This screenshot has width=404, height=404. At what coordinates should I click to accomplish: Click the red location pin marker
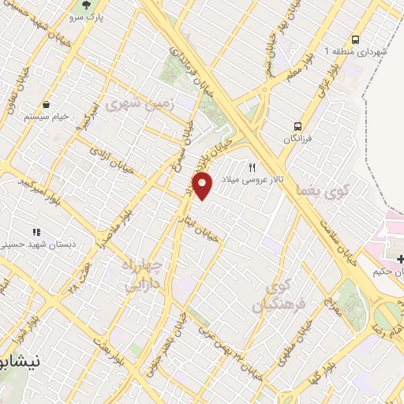tap(204, 186)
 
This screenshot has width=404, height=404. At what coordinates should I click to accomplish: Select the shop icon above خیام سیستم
tap(47, 104)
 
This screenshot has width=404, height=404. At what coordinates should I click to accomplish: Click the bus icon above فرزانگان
tap(298, 125)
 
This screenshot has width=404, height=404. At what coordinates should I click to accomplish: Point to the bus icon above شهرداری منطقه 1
tap(357, 39)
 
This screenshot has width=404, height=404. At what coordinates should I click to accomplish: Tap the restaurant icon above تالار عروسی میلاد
tap(252, 167)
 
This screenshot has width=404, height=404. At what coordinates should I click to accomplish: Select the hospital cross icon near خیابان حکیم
tap(400, 259)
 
